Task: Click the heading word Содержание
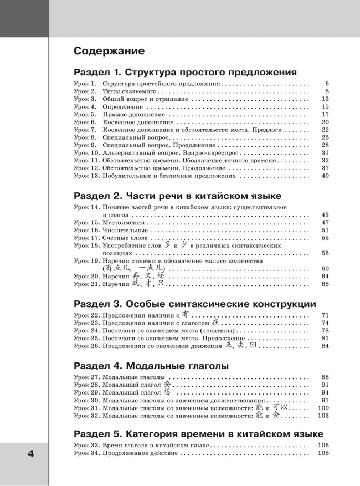click(x=109, y=52)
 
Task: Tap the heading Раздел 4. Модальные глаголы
click(x=151, y=366)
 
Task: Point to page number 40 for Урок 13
click(x=325, y=176)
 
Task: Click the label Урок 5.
click(x=85, y=114)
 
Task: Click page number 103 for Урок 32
click(x=323, y=415)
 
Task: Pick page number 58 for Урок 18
click(x=325, y=253)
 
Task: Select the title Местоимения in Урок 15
click(x=122, y=222)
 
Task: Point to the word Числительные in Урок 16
click(x=125, y=230)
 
